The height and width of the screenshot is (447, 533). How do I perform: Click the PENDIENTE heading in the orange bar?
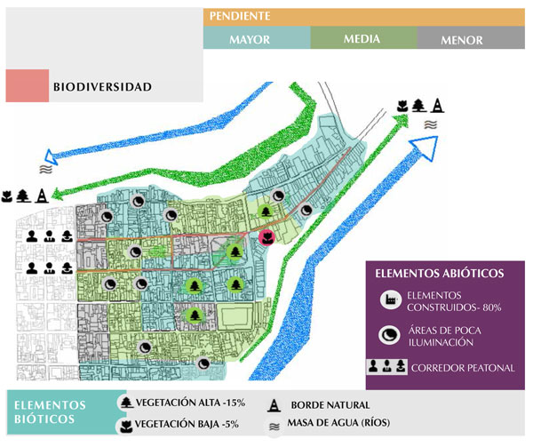pos(240,16)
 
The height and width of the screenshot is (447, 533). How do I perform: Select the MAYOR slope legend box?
pos(257,37)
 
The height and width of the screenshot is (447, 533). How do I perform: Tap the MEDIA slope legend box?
pos(363,37)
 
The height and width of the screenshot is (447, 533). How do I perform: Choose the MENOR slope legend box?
pos(471,37)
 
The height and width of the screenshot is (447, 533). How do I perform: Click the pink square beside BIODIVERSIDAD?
pos(28,85)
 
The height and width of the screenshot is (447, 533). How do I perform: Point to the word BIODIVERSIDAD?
pos(102,87)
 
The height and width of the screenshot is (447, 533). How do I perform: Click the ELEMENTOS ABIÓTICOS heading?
pos(440,274)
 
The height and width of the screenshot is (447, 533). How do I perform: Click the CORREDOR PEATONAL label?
pos(463,368)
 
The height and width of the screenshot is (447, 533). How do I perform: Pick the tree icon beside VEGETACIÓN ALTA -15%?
pos(127,403)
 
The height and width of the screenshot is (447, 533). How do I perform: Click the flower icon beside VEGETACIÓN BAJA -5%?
pos(126,426)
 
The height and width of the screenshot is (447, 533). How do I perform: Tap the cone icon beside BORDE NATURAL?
pos(274,405)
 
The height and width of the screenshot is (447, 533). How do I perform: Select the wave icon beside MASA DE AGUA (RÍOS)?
pos(274,426)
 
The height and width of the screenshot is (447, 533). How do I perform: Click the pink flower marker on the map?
pos(266,237)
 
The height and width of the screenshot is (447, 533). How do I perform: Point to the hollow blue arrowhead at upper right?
pos(425,147)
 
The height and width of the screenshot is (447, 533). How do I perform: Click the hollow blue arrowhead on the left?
pos(51,157)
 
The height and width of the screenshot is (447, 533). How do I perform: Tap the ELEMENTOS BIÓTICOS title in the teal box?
pos(50,411)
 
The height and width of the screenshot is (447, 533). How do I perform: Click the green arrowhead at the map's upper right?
pos(402,120)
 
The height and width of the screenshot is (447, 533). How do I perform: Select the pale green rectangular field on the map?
pos(235,316)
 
